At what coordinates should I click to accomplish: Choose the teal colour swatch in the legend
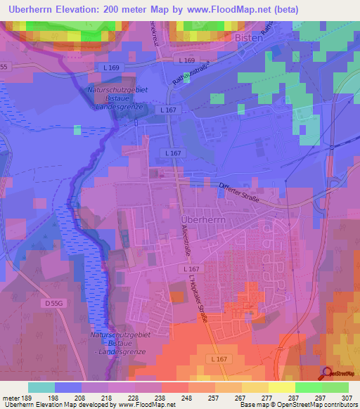point(41,387)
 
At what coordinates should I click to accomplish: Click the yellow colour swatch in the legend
point(282,387)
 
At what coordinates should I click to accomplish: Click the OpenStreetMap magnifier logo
point(327,374)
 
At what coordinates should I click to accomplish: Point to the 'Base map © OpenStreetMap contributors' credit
point(298,405)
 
